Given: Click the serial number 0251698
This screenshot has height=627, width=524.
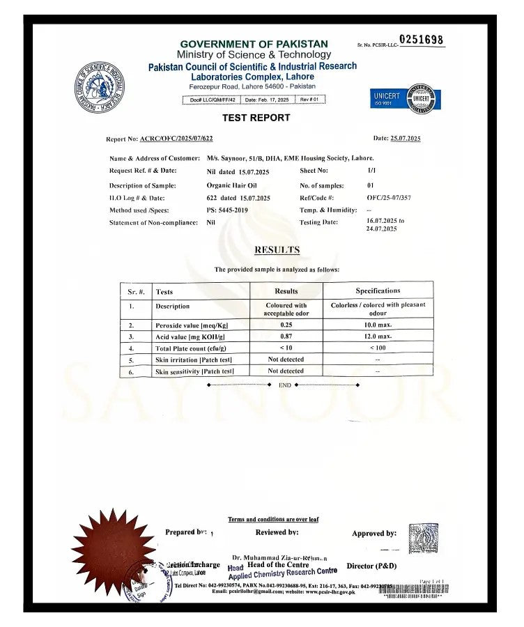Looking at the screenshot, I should point(422,40).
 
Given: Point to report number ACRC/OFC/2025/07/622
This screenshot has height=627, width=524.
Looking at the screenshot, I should point(176,139).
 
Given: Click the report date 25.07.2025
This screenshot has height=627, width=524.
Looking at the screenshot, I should point(406,139).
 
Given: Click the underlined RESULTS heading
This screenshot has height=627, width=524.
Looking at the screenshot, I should point(277,250).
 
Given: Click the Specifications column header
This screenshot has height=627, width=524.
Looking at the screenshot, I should point(378,291).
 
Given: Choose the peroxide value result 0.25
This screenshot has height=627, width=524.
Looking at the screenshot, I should point(286,325).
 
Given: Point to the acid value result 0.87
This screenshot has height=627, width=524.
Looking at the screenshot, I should point(286,336).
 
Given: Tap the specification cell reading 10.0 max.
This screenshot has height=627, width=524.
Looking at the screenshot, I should point(378,325).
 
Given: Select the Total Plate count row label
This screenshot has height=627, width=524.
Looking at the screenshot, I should point(190,348).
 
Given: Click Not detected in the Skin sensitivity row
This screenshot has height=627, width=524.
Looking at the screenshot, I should point(286,371).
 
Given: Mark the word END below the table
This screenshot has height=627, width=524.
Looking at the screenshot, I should point(284,385).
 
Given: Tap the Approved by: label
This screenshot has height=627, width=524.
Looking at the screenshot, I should point(374,534).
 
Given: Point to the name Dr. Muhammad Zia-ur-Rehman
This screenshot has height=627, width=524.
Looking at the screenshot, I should point(279,557).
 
